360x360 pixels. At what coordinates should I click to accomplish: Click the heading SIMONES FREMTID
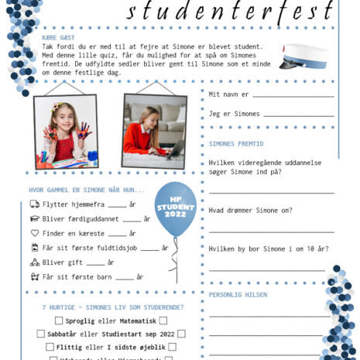tap(236, 144)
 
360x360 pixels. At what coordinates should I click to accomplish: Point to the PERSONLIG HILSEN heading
tap(238, 295)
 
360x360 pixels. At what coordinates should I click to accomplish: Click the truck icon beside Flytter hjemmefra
tap(34, 204)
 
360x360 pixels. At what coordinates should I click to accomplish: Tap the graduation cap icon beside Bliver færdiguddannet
tap(34, 219)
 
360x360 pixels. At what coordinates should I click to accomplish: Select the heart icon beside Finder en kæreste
tap(34, 233)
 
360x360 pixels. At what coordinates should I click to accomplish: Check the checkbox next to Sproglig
tap(59, 320)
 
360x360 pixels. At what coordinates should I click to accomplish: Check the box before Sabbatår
tap(41, 334)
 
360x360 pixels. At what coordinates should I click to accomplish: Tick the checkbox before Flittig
tap(50, 348)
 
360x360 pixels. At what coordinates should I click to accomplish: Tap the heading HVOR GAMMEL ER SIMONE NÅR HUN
tap(86, 190)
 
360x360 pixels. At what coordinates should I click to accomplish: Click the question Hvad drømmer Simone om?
tap(250, 210)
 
